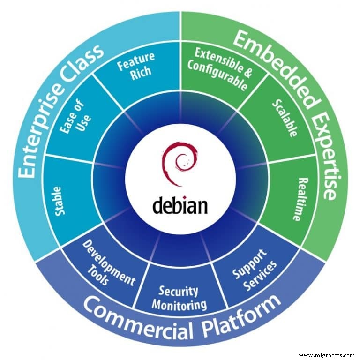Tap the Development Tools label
point(107,264)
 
